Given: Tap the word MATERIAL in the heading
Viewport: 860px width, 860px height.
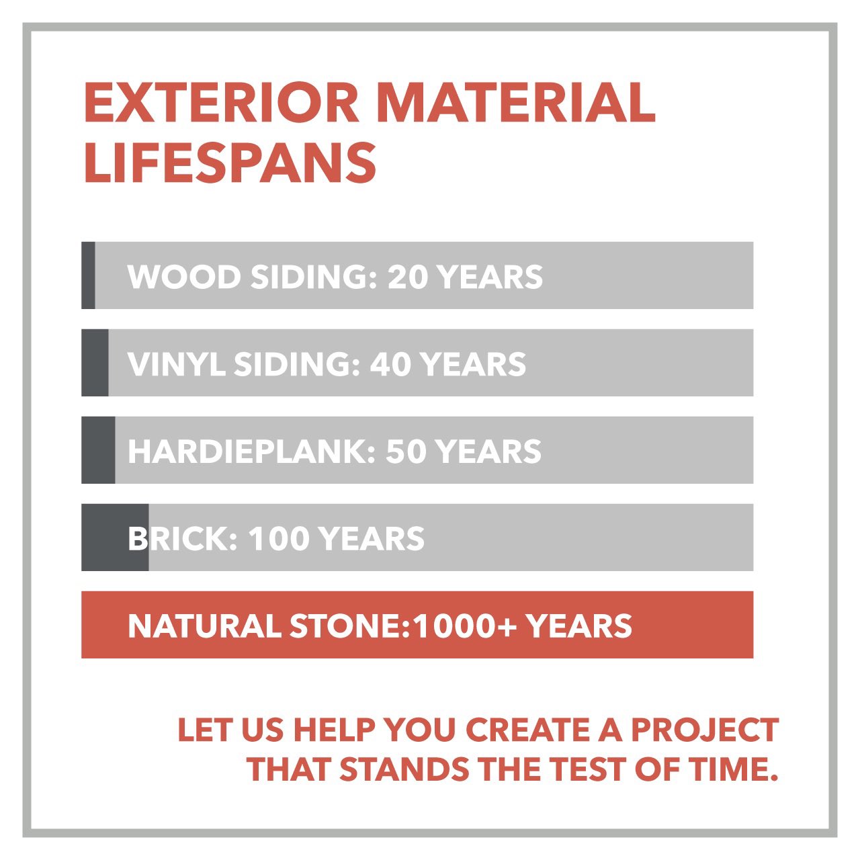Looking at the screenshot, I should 515,102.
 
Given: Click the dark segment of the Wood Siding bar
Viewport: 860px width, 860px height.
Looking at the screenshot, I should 88,275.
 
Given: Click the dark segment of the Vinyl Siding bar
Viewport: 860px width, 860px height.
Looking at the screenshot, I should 95,363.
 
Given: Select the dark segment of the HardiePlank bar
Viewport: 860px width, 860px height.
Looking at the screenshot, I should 98,450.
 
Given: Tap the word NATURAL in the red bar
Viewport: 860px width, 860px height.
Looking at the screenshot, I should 204,626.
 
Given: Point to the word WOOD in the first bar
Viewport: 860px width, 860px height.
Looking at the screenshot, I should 183,277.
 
